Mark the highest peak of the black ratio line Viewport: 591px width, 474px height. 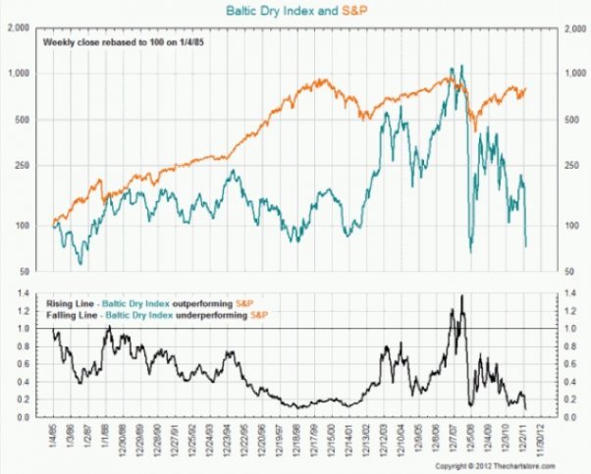461,295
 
